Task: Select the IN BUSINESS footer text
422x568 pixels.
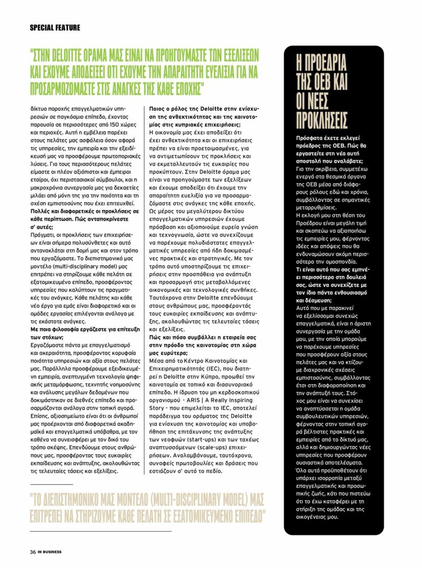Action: pyautogui.click(x=49, y=552)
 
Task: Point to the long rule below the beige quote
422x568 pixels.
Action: pyautogui.click(x=101, y=531)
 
